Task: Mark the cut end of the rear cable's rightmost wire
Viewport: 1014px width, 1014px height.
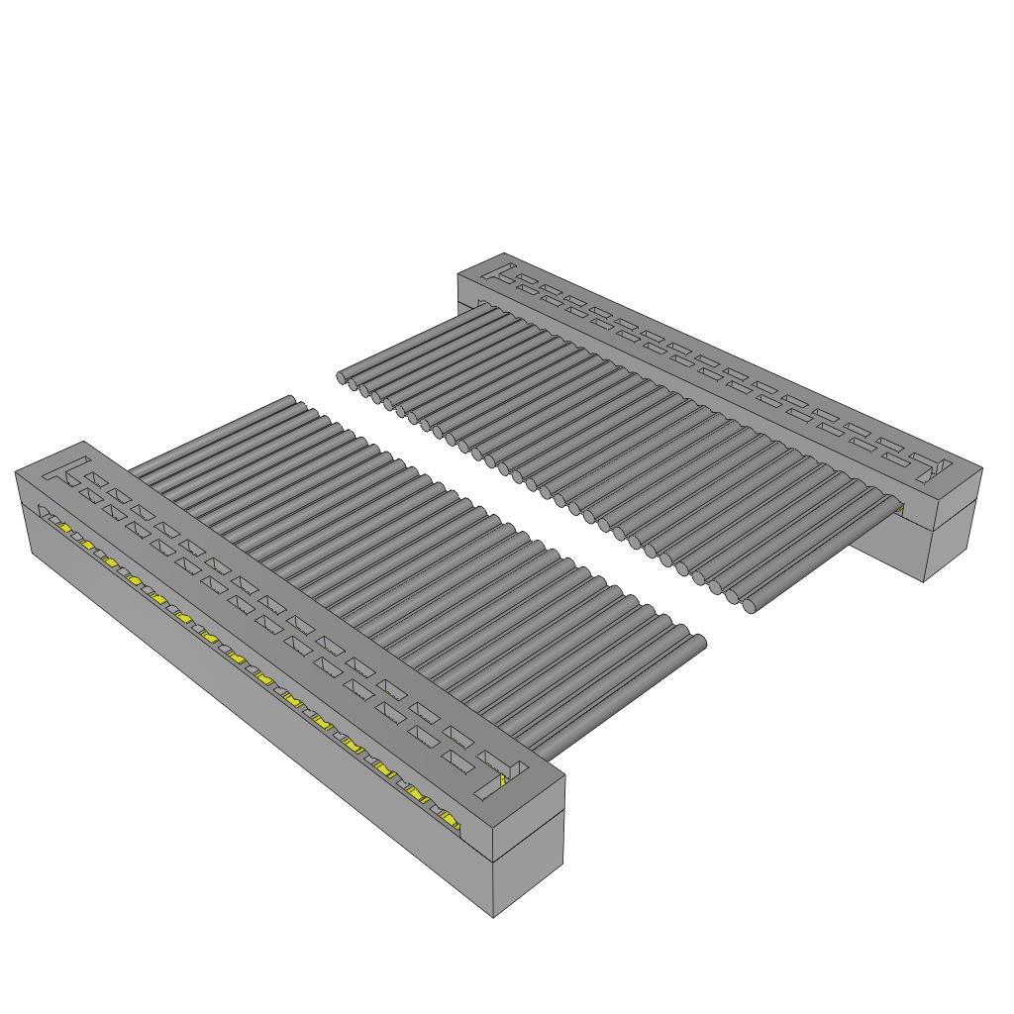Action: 750,605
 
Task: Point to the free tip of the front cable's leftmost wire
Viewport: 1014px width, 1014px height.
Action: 290,401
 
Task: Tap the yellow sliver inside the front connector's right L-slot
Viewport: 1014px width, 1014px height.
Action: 504,781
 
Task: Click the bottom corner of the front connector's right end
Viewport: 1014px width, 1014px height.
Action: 494,916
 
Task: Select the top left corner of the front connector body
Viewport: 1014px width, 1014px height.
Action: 16,474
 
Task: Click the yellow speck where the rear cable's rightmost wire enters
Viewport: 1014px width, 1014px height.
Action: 900,509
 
